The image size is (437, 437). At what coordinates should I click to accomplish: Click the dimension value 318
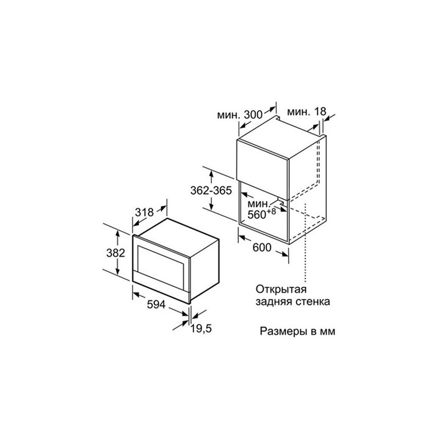tap(144, 212)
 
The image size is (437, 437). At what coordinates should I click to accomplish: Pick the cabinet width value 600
tap(262, 247)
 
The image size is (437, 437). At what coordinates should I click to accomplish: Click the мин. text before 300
tap(229, 115)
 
